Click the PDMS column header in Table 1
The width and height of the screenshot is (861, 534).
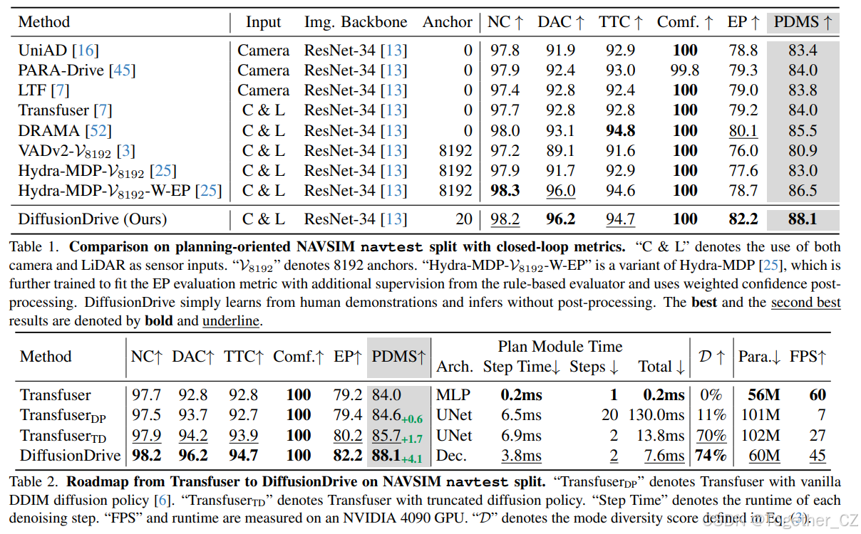[x=803, y=22]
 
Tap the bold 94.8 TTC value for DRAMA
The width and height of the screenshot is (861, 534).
[x=617, y=131]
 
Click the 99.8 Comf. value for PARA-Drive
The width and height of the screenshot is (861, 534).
[x=685, y=70]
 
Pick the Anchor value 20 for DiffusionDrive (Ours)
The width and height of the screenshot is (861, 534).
[x=464, y=219]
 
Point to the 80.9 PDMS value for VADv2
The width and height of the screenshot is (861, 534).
[x=803, y=151]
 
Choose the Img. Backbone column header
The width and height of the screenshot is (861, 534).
[x=356, y=22]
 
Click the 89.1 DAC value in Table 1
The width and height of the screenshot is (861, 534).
[x=561, y=151]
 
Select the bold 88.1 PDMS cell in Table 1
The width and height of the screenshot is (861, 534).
[x=803, y=219]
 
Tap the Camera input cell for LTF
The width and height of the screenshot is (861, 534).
[x=264, y=90]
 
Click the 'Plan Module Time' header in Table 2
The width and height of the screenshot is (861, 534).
[x=560, y=347]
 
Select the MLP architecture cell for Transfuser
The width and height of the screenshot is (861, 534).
[x=453, y=395]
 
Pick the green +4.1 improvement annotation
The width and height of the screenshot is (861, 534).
[x=415, y=459]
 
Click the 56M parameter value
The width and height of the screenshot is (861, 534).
[x=763, y=395]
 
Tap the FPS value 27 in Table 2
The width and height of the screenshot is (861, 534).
[x=818, y=435]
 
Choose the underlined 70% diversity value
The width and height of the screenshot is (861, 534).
[x=711, y=435]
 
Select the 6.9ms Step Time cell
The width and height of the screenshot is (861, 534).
[x=512, y=435]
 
